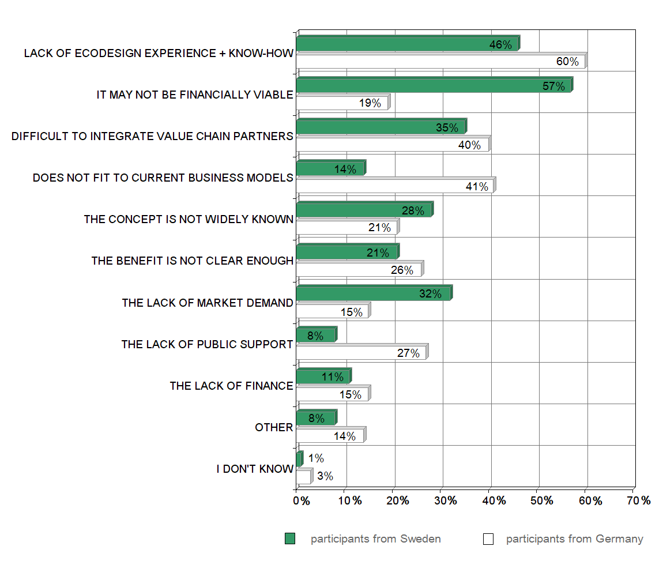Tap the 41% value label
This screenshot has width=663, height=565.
coord(477,186)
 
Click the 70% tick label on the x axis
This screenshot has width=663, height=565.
coord(638,500)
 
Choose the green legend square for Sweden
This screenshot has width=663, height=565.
coord(290,539)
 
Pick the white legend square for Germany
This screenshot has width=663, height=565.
coord(488,539)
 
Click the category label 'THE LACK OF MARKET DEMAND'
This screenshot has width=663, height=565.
coord(207,303)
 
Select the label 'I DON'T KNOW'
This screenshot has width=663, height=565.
coord(255,469)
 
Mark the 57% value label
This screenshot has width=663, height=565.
coord(553,86)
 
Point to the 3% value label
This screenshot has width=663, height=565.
coord(325,476)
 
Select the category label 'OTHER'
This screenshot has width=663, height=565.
coord(274,427)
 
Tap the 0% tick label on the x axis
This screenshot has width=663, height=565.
coord(302,500)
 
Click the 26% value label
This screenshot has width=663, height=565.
coord(402,269)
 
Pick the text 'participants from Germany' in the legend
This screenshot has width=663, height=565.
coord(574,539)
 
